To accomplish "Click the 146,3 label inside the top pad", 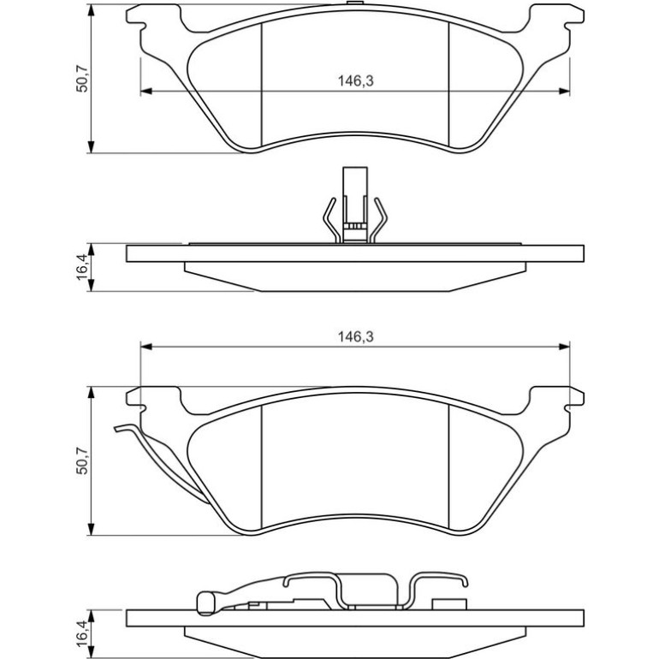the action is [355, 80].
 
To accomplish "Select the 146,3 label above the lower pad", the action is [355, 336].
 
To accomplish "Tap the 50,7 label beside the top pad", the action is [82, 79].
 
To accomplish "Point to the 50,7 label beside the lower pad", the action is [82, 461].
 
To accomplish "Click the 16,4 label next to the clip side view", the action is [82, 267].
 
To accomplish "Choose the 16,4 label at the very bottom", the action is [82, 634].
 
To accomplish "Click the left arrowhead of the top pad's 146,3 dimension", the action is [145, 91].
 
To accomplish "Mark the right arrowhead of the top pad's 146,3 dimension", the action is [564, 91].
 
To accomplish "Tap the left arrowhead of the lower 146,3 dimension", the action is [145, 347].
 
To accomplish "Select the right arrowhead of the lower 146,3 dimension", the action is [564, 347].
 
